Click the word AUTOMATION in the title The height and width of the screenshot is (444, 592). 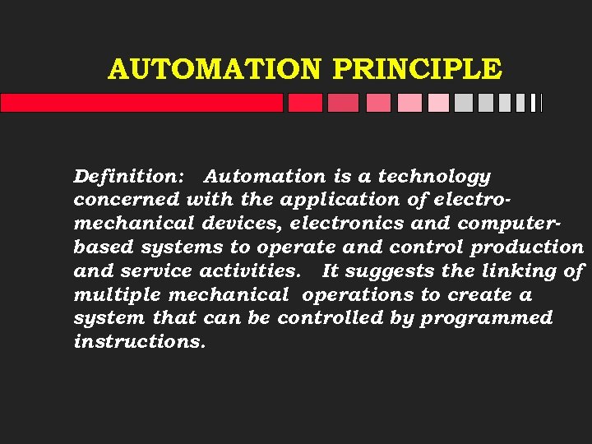pyautogui.click(x=216, y=69)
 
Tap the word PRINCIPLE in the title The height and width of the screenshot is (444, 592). pyautogui.click(x=416, y=69)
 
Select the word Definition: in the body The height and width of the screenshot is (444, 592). pyautogui.click(x=131, y=176)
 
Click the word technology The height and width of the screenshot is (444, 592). pyautogui.click(x=434, y=176)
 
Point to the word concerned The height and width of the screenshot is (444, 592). pyautogui.click(x=127, y=200)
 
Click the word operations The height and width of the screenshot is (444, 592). pyautogui.click(x=358, y=294)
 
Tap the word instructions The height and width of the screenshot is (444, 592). pyautogui.click(x=138, y=341)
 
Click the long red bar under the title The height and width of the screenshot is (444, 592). pyautogui.click(x=141, y=103)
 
